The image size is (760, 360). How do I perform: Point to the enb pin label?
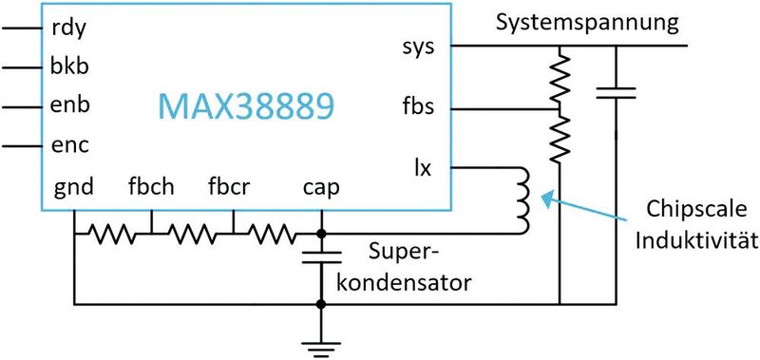point(67,106)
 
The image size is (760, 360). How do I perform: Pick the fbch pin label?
point(151,186)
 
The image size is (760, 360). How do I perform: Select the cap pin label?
point(320,187)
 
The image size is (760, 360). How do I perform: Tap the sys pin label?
point(419,47)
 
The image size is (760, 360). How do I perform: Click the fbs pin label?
point(418,106)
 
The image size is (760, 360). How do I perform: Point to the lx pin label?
point(424,168)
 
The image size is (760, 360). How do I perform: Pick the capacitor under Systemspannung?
point(617,92)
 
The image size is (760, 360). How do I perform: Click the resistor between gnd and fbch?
point(111,232)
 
